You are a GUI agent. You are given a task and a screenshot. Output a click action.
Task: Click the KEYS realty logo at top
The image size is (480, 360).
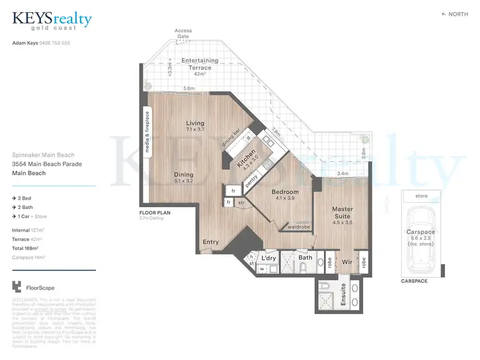coord(52,22)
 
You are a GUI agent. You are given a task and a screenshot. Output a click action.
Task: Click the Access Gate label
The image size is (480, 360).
coord(183,33)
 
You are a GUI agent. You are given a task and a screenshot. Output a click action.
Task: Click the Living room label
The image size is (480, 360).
coord(195,123)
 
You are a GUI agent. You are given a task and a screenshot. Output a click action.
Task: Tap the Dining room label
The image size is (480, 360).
coord(184,174)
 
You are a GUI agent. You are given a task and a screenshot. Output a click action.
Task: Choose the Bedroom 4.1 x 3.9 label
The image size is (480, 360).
coord(285,192)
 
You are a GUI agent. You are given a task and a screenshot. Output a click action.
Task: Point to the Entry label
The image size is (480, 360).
coord(211,242)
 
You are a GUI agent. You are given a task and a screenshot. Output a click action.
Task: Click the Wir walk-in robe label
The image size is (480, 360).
coord(347,262)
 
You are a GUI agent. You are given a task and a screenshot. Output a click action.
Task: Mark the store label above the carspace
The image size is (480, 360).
coord(420,196)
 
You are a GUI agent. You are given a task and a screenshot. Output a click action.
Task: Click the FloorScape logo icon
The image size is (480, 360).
coord(17,288)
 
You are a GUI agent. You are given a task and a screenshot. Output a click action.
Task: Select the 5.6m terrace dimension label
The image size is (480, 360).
coord(189,88)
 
